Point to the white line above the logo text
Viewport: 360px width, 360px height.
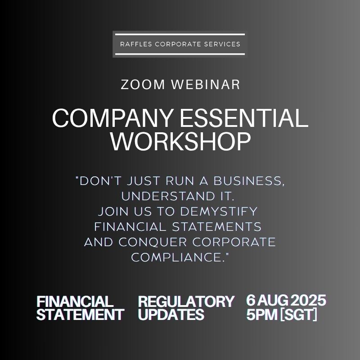pyautogui.click(x=180, y=35)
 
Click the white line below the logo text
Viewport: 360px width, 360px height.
pyautogui.click(x=180, y=54)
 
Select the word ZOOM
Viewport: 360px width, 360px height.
pyautogui.click(x=143, y=84)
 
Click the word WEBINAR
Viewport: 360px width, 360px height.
pyautogui.click(x=206, y=84)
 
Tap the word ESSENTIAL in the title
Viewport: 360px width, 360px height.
pyautogui.click(x=244, y=118)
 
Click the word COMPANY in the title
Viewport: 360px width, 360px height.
pyautogui.click(x=112, y=118)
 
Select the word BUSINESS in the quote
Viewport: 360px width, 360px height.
pyautogui.click(x=249, y=181)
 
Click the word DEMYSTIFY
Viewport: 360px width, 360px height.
pyautogui.click(x=219, y=211)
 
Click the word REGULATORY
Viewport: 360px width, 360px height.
pyautogui.click(x=186, y=301)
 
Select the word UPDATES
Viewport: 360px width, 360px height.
pyautogui.click(x=171, y=314)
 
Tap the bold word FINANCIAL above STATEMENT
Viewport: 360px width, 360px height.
pyautogui.click(x=75, y=301)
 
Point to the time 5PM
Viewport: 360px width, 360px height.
pyautogui.click(x=262, y=314)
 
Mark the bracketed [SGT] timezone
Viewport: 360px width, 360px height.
pyautogui.click(x=298, y=314)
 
